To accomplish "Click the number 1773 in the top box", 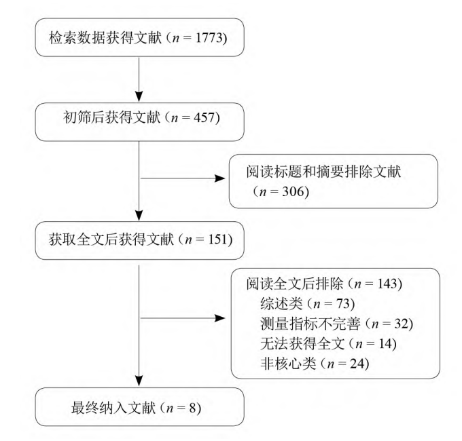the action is tap(209, 38).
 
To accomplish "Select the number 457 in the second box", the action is tap(205, 117).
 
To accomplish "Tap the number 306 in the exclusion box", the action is tap(293, 191).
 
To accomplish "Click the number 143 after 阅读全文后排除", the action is tap(387, 284).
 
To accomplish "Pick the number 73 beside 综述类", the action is tap(343, 303).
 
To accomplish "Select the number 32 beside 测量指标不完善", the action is tap(402, 324).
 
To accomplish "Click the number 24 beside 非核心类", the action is tap(357, 364).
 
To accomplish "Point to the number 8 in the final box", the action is tap(192, 408).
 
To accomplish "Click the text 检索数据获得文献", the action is tap(105, 38).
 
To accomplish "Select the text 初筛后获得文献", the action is tap(111, 117).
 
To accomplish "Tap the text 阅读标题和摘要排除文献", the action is tap(323, 172).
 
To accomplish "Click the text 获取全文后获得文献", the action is tap(111, 239).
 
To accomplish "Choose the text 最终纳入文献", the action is tap(113, 408).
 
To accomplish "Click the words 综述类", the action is tap(281, 303).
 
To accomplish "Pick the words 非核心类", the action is tap(288, 364).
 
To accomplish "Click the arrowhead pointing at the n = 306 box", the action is tap(220, 178).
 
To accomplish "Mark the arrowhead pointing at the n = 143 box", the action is tap(220, 318).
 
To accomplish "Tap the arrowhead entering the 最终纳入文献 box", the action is tap(139, 381).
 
